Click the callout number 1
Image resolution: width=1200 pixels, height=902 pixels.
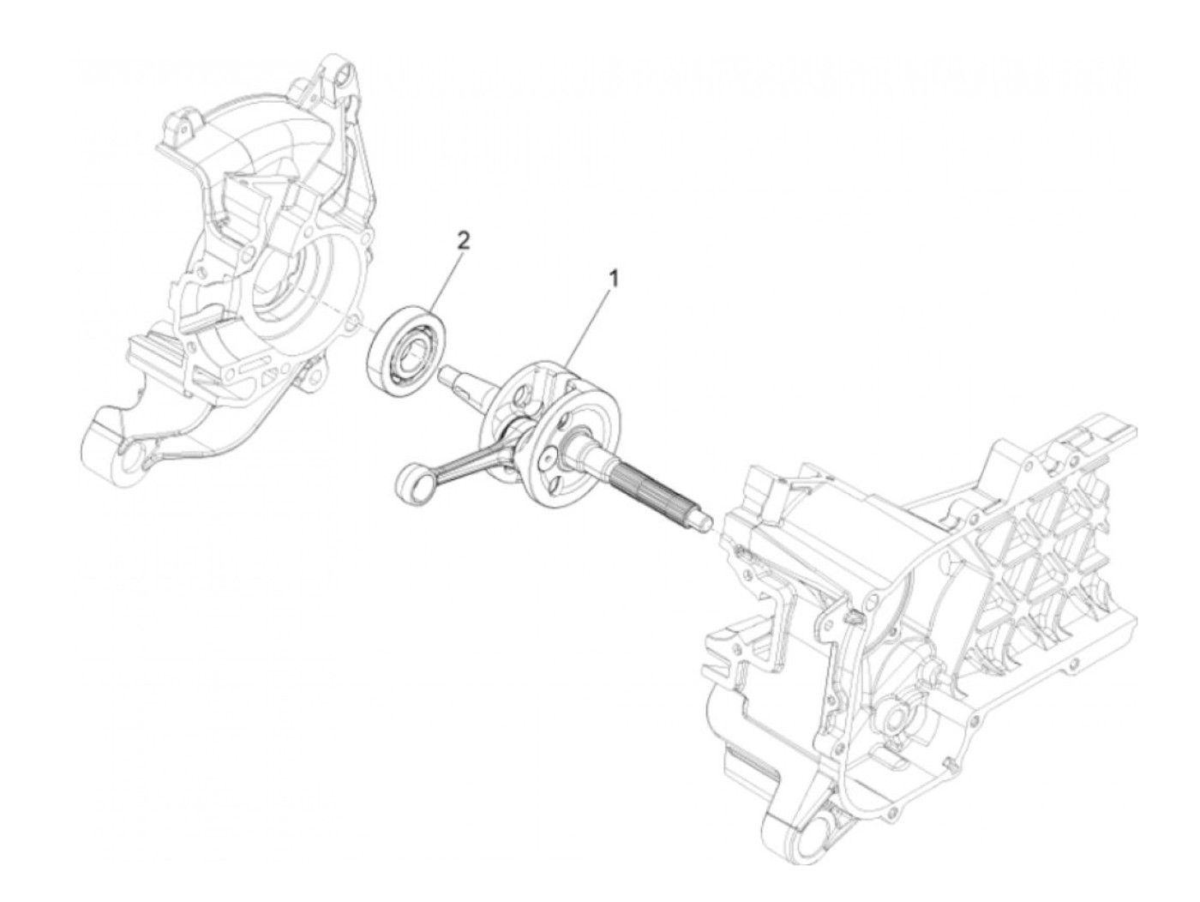pyautogui.click(x=612, y=278)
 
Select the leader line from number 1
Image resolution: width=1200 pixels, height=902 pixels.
pyautogui.click(x=587, y=326)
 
